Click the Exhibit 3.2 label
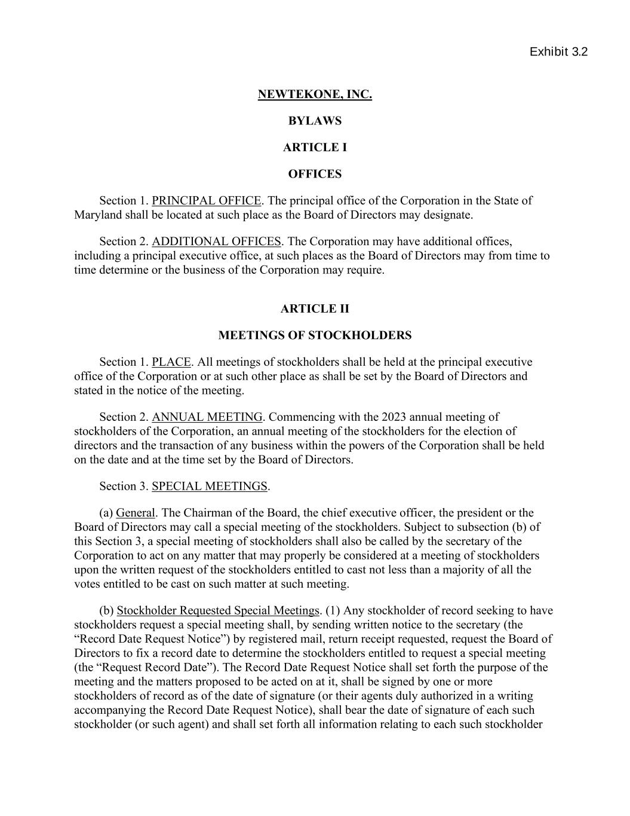[558, 52]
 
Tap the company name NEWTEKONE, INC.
[315, 94]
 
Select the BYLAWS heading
[315, 121]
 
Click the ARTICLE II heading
[315, 309]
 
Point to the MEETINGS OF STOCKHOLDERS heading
[315, 335]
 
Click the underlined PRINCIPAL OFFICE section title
[206, 201]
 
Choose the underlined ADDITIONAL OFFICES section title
[216, 242]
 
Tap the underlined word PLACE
[171, 362]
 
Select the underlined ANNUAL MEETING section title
[207, 417]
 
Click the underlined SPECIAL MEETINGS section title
[209, 487]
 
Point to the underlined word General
[136, 513]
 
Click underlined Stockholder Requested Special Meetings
[218, 611]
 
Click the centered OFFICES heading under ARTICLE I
[315, 175]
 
